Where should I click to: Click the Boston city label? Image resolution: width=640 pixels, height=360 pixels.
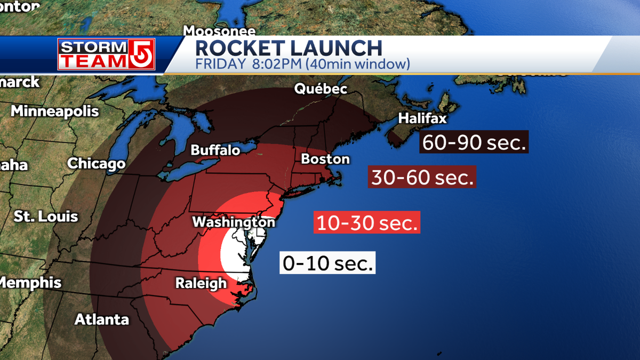coord(325,159)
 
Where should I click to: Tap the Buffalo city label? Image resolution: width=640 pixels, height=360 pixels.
coord(215,150)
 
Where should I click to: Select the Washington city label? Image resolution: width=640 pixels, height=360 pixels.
coord(234,221)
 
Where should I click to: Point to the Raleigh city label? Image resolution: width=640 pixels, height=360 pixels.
coord(201,283)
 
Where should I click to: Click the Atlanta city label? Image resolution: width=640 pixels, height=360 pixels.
coord(101,319)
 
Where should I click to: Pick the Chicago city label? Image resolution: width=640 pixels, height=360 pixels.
coord(96,163)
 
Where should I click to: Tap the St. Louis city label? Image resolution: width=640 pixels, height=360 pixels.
coord(46,217)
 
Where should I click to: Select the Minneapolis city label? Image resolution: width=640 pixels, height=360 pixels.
coord(55,111)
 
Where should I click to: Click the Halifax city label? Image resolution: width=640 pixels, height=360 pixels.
coord(422,118)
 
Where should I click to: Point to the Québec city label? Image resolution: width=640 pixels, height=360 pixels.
coord(321,89)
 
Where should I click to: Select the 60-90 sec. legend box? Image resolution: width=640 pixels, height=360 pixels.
coord(474,142)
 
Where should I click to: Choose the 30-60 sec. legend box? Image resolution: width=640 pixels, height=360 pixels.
coord(422,177)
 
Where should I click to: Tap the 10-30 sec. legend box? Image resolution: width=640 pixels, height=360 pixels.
coord(367,222)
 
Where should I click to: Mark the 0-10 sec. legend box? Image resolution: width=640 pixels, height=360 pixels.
coord(328,263)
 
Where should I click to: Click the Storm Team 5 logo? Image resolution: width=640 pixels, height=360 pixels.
coord(107,54)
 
